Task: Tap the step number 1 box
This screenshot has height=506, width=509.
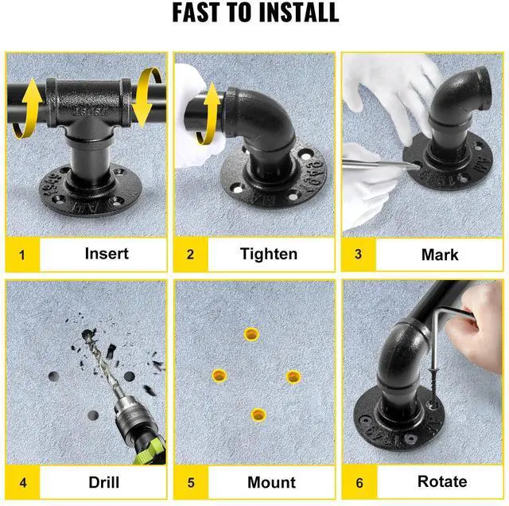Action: coord(22,255)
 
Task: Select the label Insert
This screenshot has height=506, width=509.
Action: coord(107,254)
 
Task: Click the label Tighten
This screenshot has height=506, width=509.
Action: coord(269,254)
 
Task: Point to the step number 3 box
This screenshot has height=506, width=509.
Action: coord(359,255)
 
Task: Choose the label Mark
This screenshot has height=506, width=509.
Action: coord(440,255)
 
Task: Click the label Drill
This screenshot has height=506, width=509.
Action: coord(104,482)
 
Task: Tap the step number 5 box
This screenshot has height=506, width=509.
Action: coord(191,482)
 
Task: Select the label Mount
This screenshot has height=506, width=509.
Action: coord(271,482)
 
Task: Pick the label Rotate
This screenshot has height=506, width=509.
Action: coord(442,481)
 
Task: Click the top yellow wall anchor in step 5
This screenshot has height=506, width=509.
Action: coord(251,334)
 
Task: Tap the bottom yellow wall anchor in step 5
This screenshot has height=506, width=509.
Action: coord(258,415)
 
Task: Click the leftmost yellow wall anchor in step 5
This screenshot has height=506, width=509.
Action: coord(220,376)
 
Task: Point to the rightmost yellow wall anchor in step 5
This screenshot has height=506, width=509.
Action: coord(293,377)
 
